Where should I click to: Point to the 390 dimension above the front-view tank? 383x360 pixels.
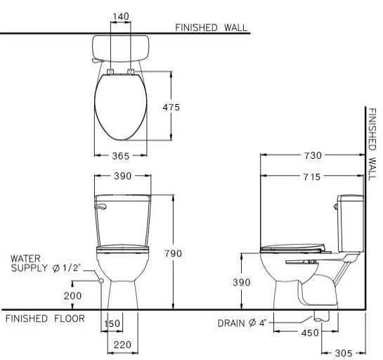tap(123, 176)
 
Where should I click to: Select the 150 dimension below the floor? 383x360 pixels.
tap(112, 323)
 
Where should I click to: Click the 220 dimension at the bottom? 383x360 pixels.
tap(123, 345)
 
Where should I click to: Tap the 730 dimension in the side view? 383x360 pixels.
tap(313, 155)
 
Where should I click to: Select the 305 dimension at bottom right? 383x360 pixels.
tap(342, 354)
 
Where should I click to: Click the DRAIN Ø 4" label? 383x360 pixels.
tap(242, 323)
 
